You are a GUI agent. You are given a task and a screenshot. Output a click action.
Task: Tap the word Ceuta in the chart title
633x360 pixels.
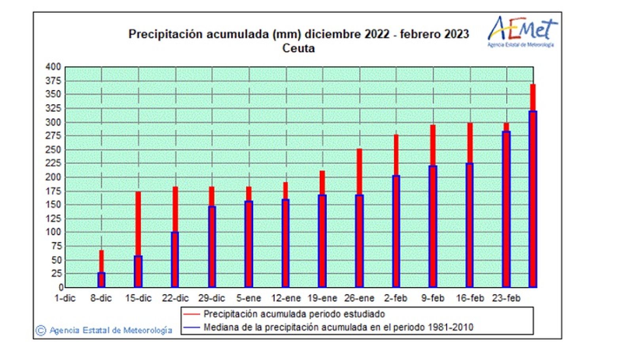[x=298, y=49]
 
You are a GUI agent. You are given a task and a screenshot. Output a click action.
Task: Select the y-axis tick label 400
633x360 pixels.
[x=53, y=67]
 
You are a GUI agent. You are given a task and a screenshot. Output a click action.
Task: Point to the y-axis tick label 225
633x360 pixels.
[x=53, y=163]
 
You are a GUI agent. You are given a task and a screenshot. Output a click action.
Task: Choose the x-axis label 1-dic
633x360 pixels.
[x=65, y=298]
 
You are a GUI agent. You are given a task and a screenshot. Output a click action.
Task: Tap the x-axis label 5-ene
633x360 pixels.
[x=248, y=298]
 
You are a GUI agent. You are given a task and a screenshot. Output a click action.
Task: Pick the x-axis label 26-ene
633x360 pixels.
[x=359, y=298]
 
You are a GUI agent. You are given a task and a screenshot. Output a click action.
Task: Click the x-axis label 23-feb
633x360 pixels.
[x=506, y=298]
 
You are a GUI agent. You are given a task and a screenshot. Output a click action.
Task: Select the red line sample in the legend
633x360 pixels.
[x=191, y=314]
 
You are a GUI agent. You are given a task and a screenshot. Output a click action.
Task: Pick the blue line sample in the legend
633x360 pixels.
[x=191, y=328]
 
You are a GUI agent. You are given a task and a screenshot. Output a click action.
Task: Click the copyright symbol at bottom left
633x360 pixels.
[x=40, y=330]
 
